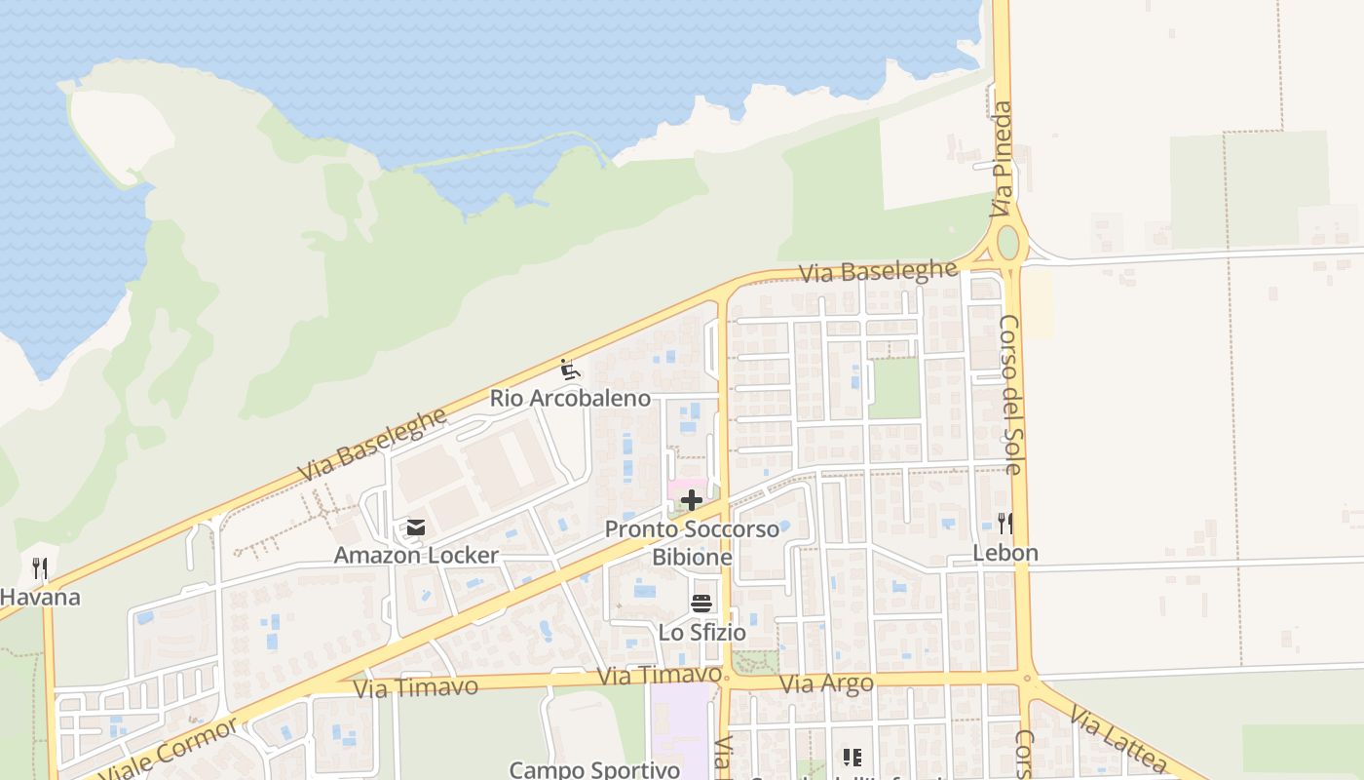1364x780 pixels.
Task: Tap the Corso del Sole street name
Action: [x=1011, y=394]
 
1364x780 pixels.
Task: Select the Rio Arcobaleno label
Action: [x=569, y=398]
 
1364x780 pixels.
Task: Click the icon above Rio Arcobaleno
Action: [x=570, y=370]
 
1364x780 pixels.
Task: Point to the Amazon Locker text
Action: [x=416, y=555]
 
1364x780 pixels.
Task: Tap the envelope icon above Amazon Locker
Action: [x=416, y=528]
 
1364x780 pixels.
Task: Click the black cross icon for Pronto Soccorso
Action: [x=692, y=501]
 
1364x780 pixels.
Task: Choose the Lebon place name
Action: [x=1005, y=553]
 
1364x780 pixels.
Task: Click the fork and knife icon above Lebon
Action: [x=1005, y=524]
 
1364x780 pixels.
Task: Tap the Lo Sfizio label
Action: [x=701, y=633]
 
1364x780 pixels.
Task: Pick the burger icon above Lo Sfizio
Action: [x=701, y=604]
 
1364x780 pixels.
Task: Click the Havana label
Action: [x=40, y=597]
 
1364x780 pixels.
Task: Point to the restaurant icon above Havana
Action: [x=40, y=567]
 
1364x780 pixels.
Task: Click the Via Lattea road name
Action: [x=1117, y=739]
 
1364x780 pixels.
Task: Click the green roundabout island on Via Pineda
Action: [x=1007, y=241]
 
